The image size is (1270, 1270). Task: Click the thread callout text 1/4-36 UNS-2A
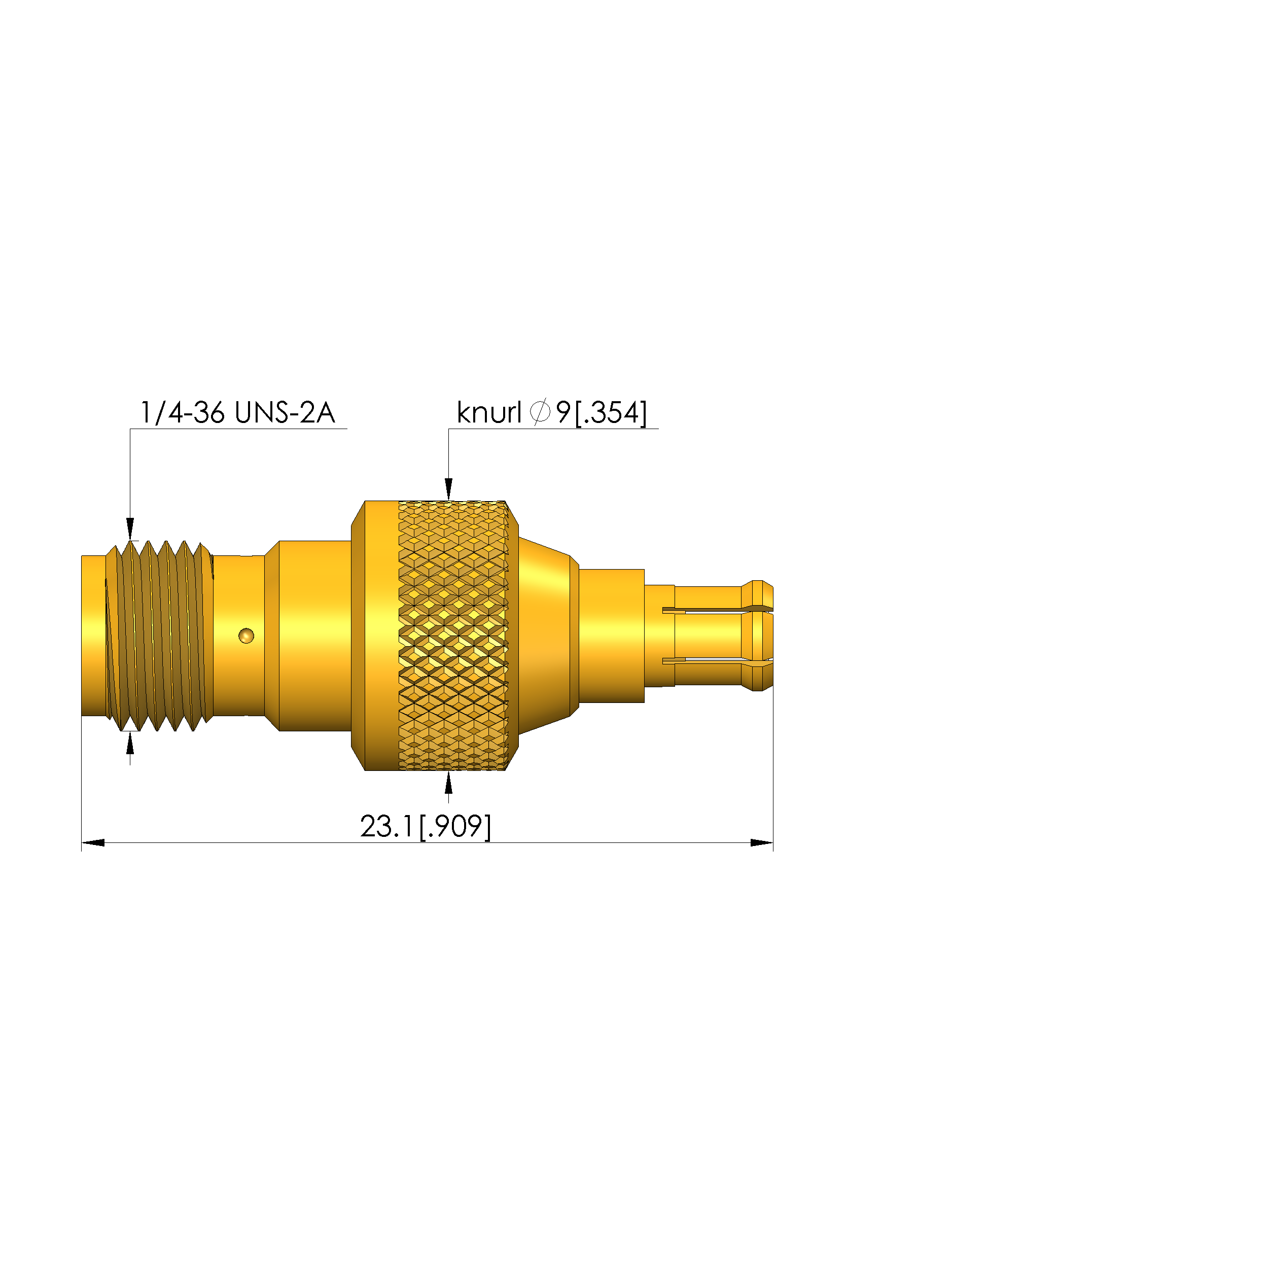click(x=237, y=413)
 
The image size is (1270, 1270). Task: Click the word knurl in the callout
click(x=488, y=413)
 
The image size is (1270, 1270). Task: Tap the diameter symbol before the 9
click(x=540, y=413)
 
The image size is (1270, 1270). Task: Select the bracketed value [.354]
click(x=611, y=413)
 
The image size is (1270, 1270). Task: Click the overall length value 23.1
click(x=387, y=826)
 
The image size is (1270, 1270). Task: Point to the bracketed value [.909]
click(x=455, y=827)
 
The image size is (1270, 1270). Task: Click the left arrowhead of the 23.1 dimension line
click(x=93, y=843)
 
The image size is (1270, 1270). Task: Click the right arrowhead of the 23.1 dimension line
click(x=762, y=843)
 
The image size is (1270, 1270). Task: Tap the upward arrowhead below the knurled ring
click(x=449, y=782)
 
